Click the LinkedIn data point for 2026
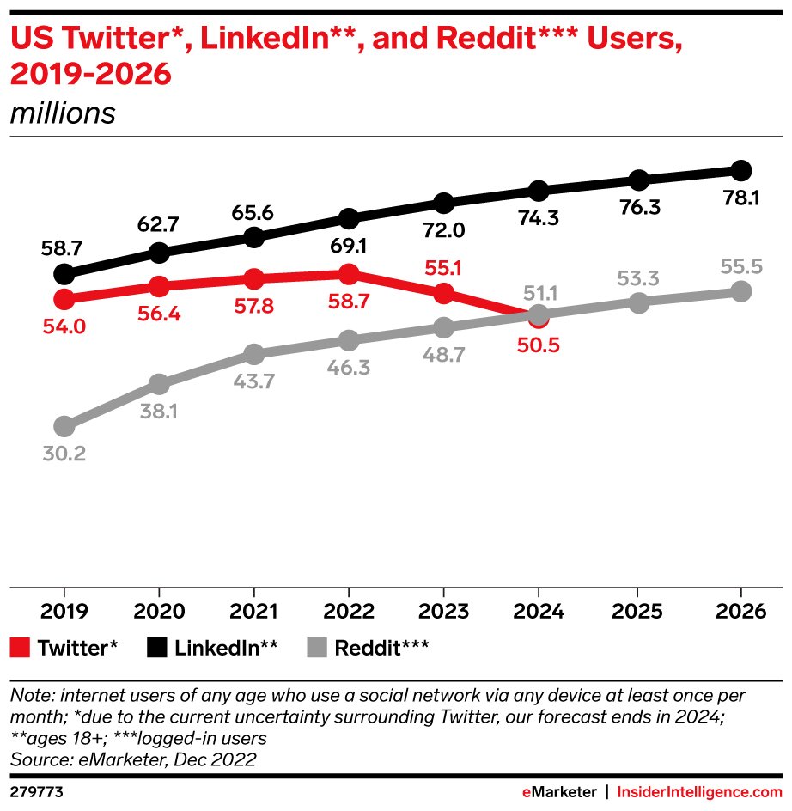click(x=741, y=170)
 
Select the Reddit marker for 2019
click(x=64, y=426)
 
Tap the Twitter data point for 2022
click(x=348, y=274)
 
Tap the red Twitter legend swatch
click(x=20, y=648)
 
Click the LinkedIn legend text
click(x=226, y=648)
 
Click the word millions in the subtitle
click(x=63, y=113)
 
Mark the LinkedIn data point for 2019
click(x=64, y=274)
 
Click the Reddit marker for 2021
click(x=253, y=354)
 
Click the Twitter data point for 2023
click(x=443, y=293)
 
